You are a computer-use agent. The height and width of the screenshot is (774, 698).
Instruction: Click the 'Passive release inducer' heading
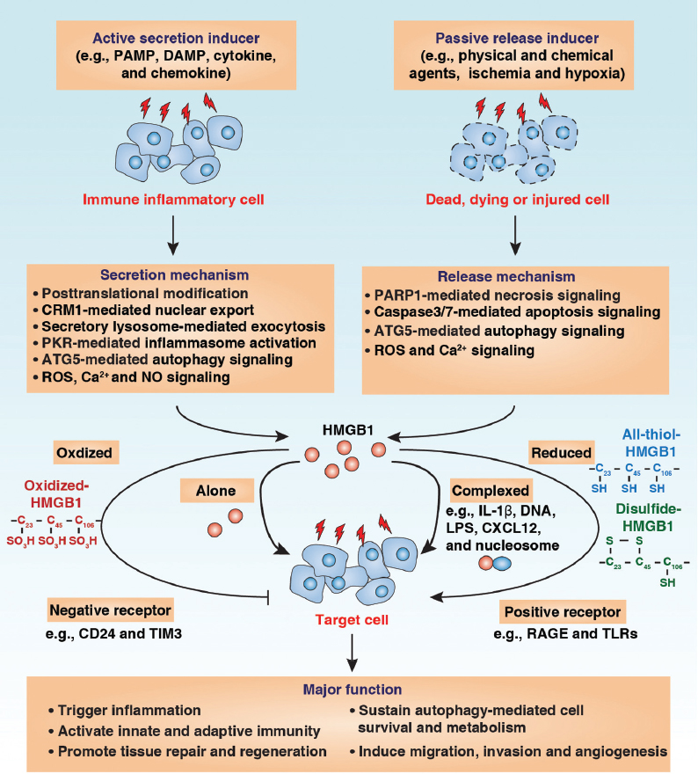522,39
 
